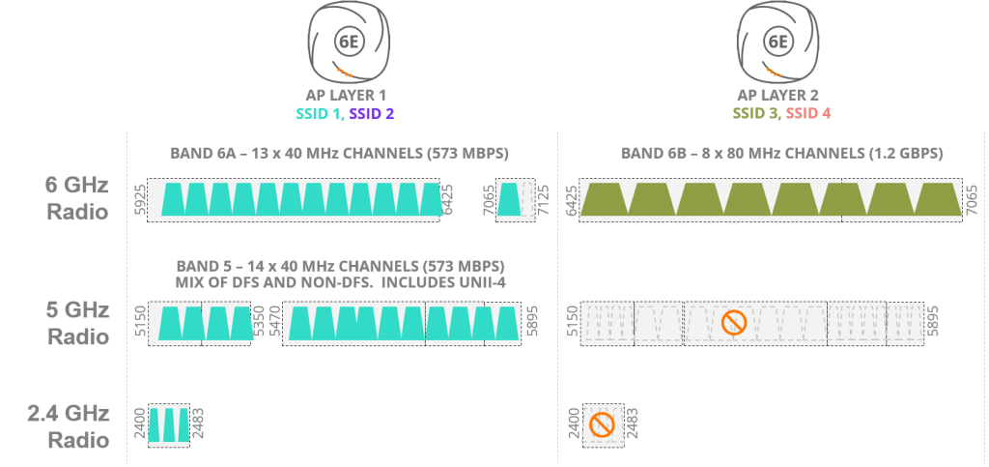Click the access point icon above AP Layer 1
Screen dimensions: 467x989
(345, 44)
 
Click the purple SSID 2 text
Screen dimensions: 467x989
(372, 113)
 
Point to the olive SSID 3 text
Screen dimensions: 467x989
(755, 113)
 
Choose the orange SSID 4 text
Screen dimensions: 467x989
(808, 113)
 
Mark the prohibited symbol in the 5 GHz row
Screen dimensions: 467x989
(735, 323)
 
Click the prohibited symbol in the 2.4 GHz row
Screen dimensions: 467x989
(603, 423)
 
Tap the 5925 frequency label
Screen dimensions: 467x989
(138, 200)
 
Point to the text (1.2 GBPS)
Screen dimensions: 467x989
(902, 154)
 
